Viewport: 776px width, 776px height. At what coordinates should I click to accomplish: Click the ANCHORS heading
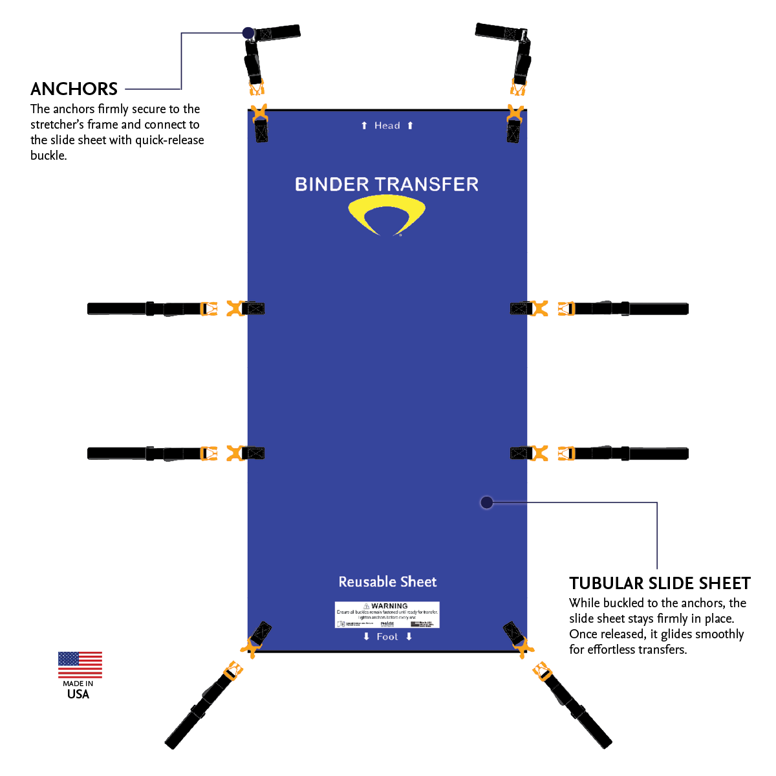click(74, 89)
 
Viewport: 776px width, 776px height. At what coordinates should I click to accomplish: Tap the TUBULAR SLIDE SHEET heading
click(660, 583)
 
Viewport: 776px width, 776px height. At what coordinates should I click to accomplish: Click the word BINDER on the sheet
click(331, 184)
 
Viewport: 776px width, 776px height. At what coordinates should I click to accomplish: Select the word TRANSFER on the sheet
click(427, 184)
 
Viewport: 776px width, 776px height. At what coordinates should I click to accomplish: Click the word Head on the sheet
click(387, 125)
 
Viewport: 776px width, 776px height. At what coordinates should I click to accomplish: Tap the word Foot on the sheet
click(387, 637)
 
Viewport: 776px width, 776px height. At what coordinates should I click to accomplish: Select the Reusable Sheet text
click(387, 582)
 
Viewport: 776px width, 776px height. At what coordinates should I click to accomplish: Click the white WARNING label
click(387, 614)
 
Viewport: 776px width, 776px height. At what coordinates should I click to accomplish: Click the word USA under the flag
click(78, 695)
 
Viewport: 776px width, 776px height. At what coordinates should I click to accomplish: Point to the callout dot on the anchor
click(248, 32)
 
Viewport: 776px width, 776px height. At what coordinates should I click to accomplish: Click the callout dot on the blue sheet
click(487, 502)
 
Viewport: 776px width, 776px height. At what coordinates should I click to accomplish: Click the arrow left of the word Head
click(364, 125)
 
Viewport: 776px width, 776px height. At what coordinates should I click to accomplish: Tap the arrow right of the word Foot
click(409, 637)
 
